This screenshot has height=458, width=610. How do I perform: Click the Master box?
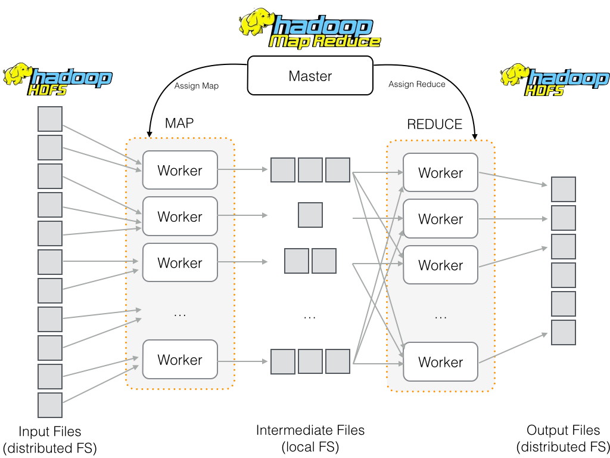click(x=310, y=76)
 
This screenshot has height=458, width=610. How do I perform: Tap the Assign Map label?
click(x=196, y=86)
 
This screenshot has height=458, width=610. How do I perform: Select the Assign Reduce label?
click(x=416, y=84)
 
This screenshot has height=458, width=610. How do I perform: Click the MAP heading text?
click(x=179, y=123)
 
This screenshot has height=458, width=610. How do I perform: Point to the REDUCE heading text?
click(x=435, y=124)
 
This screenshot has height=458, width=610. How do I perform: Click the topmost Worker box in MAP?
click(x=180, y=171)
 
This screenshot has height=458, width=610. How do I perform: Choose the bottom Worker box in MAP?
click(x=180, y=360)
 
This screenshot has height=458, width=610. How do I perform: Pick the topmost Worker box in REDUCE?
click(x=440, y=173)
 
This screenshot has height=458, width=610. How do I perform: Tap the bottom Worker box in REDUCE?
click(x=440, y=362)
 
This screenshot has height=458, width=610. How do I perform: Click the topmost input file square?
click(x=50, y=119)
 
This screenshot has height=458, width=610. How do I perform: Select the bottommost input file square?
click(x=50, y=405)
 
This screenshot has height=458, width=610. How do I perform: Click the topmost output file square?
click(x=563, y=189)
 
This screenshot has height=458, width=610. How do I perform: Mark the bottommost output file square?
click(x=563, y=332)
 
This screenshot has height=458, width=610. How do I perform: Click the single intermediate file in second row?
click(x=310, y=215)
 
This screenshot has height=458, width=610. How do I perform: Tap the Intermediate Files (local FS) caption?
click(x=310, y=438)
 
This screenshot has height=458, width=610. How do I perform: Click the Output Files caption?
click(x=563, y=438)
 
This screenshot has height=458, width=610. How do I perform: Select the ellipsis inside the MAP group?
click(x=180, y=314)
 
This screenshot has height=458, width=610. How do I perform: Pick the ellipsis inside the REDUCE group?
click(x=440, y=316)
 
